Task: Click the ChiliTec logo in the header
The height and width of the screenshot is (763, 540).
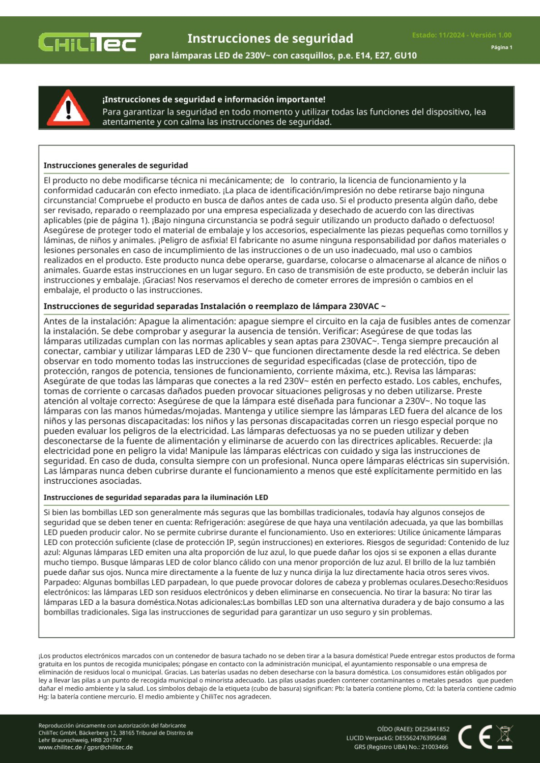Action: tap(90, 42)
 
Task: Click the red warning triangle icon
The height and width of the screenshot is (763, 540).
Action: tap(68, 108)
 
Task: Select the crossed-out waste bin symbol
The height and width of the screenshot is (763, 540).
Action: tap(504, 737)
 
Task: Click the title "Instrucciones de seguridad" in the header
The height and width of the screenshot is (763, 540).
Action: tap(270, 39)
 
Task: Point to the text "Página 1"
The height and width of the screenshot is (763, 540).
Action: tap(501, 47)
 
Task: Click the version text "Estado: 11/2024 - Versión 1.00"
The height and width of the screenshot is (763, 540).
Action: tap(462, 35)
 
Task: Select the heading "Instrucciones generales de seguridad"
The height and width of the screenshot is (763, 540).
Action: tap(116, 165)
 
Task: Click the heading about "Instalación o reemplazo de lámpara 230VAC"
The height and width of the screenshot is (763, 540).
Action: tap(214, 306)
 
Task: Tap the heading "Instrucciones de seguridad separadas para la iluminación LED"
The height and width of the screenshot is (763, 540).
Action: tap(156, 497)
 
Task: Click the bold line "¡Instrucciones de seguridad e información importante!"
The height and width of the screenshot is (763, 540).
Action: tap(214, 100)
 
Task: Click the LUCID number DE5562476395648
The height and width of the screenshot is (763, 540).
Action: tap(420, 738)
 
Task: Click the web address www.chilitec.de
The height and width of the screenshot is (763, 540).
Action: tap(60, 747)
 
